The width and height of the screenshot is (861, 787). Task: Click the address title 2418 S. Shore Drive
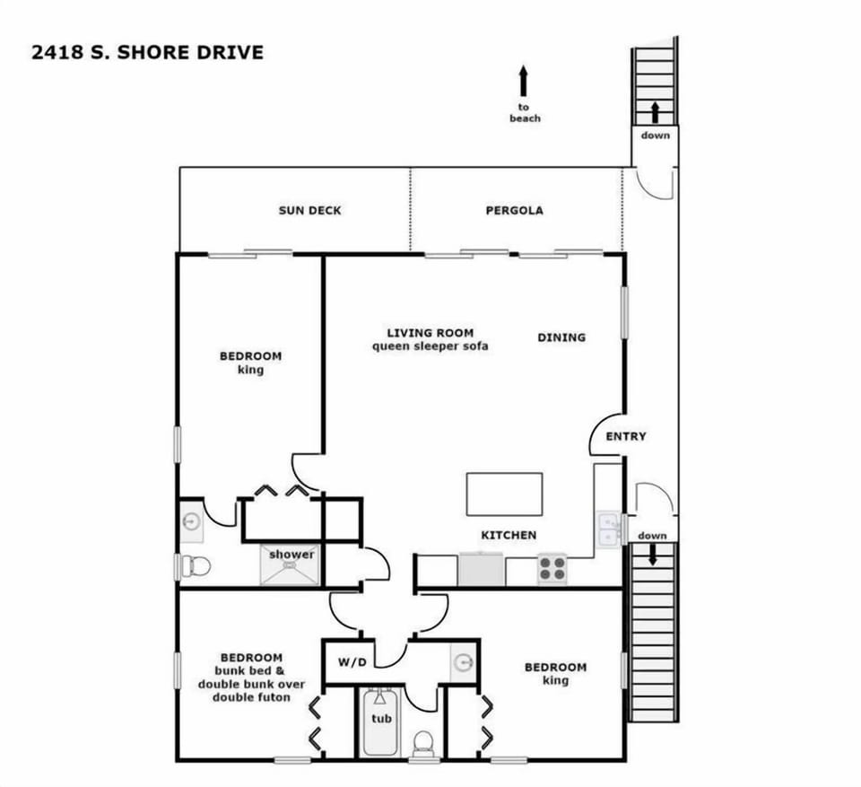tap(147, 52)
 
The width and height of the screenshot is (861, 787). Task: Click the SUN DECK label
tap(309, 211)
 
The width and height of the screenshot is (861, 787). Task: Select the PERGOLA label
tap(514, 211)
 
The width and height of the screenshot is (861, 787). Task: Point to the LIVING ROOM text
tap(430, 333)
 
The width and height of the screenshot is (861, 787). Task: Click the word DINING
tap(561, 337)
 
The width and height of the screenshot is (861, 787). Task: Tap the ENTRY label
tap(626, 437)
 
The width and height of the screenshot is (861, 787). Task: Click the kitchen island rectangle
tap(504, 494)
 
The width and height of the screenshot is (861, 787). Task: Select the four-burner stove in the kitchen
tap(552, 569)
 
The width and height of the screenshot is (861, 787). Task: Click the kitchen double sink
tap(609, 529)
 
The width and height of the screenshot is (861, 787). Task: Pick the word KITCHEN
tap(509, 536)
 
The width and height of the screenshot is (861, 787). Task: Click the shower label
tap(291, 555)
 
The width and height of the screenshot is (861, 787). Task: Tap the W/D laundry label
tap(352, 663)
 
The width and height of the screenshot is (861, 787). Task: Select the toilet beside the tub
tap(422, 743)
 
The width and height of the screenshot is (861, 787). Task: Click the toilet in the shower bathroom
tap(197, 566)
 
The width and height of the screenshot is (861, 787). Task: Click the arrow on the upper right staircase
tap(655, 111)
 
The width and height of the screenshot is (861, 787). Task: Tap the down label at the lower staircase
tap(652, 536)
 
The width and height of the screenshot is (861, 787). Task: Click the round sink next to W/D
tap(463, 662)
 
